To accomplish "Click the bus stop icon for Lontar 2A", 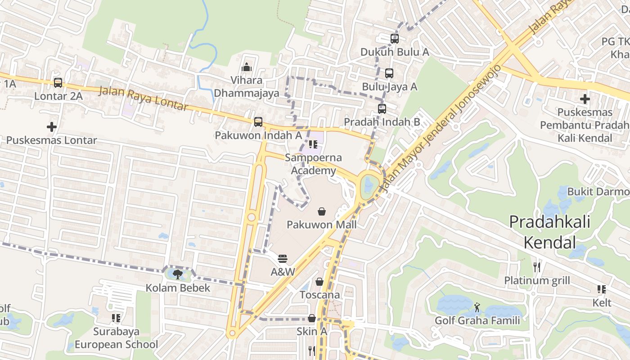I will (x=58, y=83).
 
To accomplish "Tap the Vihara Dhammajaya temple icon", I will (x=246, y=67).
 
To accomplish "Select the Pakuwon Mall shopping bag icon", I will (x=322, y=211).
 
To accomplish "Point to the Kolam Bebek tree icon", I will (x=178, y=274).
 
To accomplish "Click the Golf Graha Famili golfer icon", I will (x=477, y=307).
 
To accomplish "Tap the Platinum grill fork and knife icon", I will (x=537, y=267).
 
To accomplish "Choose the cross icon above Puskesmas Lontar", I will (x=52, y=127).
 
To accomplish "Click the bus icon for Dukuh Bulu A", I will (x=395, y=39).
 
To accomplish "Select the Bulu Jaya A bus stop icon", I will (x=389, y=73).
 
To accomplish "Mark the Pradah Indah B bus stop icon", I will (x=382, y=108).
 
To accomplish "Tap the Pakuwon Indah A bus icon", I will (x=258, y=122).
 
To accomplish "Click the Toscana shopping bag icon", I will (x=319, y=282).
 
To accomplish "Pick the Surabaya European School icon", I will (x=116, y=319).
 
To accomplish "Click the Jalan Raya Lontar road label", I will (x=143, y=99).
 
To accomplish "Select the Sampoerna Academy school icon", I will (x=313, y=144).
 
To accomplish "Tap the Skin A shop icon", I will (x=311, y=318).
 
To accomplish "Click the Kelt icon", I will (x=602, y=289).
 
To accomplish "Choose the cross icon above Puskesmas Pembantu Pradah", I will (x=585, y=99).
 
